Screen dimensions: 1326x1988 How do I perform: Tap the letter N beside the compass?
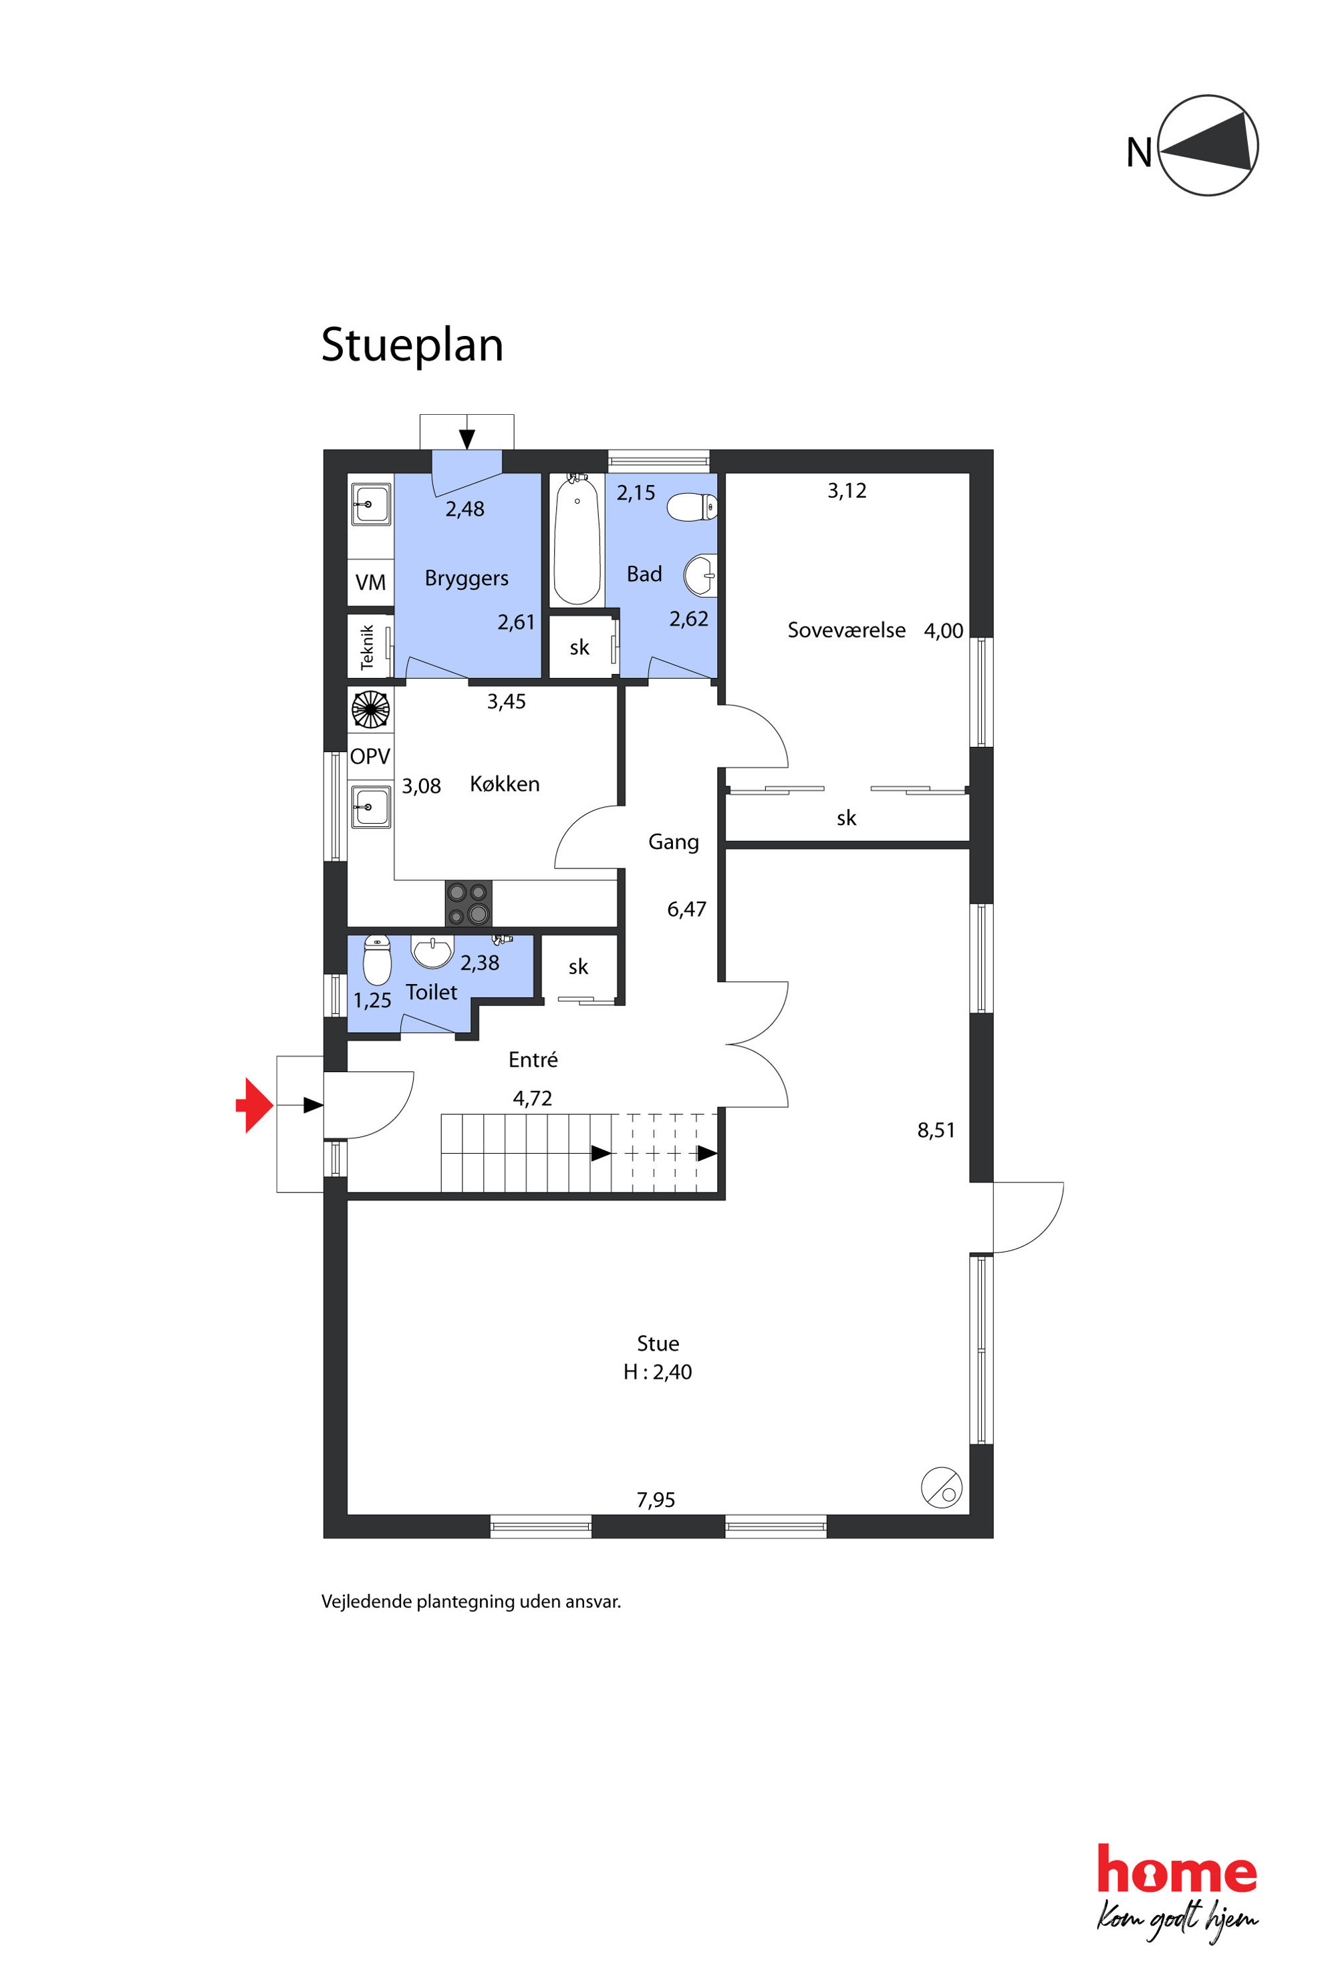point(1139,153)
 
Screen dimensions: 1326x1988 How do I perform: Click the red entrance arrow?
point(255,1105)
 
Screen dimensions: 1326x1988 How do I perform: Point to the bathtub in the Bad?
point(577,538)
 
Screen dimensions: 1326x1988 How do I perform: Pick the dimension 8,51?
point(936,1130)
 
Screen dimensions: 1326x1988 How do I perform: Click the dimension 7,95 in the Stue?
point(656,1500)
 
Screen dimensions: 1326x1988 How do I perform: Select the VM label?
point(370,583)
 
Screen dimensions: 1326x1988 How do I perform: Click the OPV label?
point(370,756)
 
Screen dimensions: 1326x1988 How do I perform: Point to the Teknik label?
point(367,647)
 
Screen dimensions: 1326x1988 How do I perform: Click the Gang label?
point(673,842)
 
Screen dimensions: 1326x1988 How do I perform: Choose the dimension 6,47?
point(686,909)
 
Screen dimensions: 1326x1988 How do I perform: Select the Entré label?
point(533,1059)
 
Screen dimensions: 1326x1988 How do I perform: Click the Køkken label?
point(504,784)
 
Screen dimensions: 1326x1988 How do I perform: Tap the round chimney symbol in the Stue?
point(941,1487)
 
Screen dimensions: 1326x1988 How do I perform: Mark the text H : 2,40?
point(657,1372)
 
